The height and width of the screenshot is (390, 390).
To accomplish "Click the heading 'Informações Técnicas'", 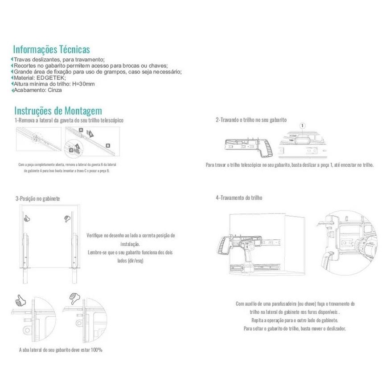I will (51, 49).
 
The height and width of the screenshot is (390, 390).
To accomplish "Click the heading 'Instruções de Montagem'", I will (58, 111).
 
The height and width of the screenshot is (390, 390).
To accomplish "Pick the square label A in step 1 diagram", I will (81, 129).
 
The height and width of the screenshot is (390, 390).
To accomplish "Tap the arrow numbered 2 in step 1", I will (90, 133).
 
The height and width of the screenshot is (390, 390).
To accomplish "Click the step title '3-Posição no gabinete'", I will (37, 198).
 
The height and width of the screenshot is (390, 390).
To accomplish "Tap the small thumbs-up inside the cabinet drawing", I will (26, 218).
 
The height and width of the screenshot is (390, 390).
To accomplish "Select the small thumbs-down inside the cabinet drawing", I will (67, 218).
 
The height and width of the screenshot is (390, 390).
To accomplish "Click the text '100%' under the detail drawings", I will (96, 350).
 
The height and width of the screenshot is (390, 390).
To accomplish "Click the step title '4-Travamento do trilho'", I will (239, 197).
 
